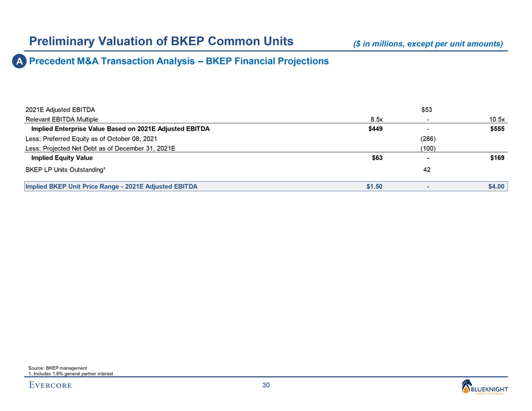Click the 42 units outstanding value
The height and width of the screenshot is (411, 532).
click(x=429, y=170)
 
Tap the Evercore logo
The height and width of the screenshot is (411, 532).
click(x=50, y=385)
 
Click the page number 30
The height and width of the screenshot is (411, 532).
click(x=266, y=386)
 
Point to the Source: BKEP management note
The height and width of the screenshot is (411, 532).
click(x=58, y=368)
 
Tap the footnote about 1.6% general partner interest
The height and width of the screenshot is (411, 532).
click(x=71, y=374)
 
